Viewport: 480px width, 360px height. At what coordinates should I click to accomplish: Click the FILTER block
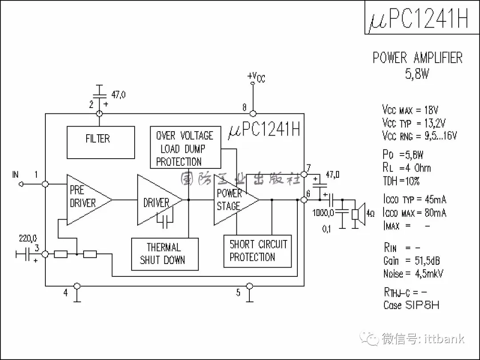(x=100, y=142)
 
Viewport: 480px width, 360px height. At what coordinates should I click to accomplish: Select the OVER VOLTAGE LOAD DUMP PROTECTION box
(x=185, y=148)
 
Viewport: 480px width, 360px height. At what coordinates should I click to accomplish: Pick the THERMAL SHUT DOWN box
(x=164, y=254)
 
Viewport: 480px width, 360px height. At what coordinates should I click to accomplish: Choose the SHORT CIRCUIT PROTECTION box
(x=257, y=251)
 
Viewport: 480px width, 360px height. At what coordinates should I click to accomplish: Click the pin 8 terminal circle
(x=253, y=113)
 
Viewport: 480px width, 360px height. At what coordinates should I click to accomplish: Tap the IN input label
(x=16, y=174)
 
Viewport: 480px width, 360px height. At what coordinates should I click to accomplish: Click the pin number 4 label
(x=66, y=293)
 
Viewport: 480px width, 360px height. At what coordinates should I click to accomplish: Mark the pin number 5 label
(x=238, y=292)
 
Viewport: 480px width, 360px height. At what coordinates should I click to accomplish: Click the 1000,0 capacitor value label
(x=323, y=213)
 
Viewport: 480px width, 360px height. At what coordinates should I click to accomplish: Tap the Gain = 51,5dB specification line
(x=411, y=260)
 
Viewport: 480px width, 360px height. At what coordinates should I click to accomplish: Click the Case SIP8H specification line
(x=411, y=305)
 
